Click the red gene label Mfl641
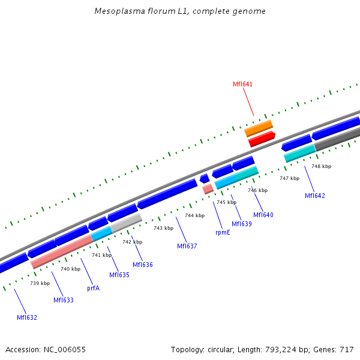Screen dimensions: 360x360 (x=242, y=85)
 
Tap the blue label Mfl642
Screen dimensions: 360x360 (x=314, y=196)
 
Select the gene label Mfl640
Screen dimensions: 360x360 (x=263, y=215)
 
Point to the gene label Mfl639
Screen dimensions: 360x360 (x=242, y=224)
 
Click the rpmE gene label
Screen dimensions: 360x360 (x=223, y=232)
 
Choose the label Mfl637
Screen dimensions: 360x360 (x=187, y=246)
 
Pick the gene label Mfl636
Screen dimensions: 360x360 (x=143, y=265)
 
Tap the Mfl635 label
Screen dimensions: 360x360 (x=119, y=275)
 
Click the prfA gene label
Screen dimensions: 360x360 (x=93, y=288)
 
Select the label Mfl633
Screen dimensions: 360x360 (x=64, y=300)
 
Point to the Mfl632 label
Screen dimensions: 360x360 (x=27, y=317)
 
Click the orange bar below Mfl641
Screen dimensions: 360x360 (x=259, y=128)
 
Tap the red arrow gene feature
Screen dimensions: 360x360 (x=262, y=139)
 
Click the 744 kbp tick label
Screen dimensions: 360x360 (x=194, y=215)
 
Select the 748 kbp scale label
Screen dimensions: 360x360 (x=321, y=166)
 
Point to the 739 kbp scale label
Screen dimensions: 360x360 (x=40, y=283)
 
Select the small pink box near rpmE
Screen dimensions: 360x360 (x=208, y=188)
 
